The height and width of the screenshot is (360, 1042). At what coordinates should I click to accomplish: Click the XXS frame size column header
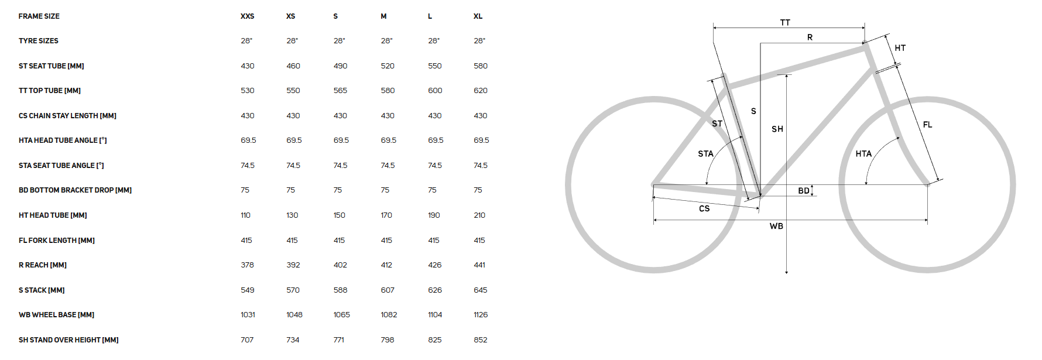[x=247, y=16]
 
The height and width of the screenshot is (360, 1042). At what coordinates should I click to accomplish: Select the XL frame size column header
[x=478, y=16]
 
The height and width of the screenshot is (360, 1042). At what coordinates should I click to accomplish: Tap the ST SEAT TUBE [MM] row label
[x=52, y=66]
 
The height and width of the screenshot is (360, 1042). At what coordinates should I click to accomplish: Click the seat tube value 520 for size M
[x=388, y=66]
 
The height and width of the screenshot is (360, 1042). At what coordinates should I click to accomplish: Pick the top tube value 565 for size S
[x=340, y=91]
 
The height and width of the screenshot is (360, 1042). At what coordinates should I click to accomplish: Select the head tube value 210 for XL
[x=479, y=215]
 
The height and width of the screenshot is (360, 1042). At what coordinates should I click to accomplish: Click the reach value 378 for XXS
[x=247, y=265]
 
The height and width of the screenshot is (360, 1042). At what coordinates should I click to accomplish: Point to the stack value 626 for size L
[x=435, y=290]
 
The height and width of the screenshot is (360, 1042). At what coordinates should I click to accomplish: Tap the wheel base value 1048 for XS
[x=294, y=315]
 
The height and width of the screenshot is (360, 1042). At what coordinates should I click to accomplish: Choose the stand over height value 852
[x=481, y=340]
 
